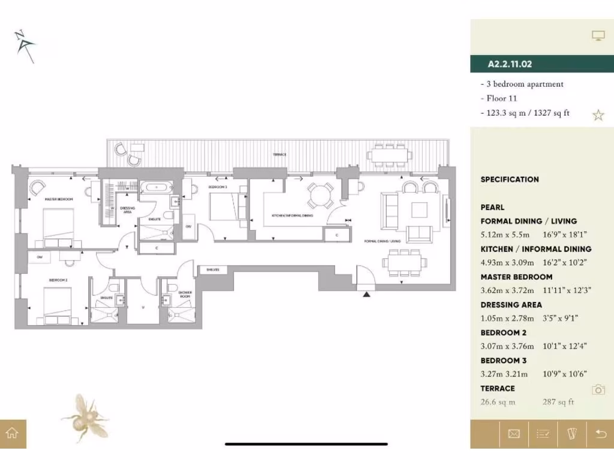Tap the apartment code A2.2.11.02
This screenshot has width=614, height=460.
(510, 63)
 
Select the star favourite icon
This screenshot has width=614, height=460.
(598, 115)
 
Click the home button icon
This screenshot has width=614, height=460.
(13, 434)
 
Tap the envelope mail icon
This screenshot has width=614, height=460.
(514, 434)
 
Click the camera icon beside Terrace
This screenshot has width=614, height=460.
(598, 390)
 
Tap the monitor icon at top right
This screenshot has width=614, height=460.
(598, 36)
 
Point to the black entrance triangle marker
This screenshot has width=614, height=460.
(366, 293)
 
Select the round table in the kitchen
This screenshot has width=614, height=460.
(319, 195)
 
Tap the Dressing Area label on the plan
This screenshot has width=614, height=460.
(127, 210)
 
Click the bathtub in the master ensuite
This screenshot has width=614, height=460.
(156, 187)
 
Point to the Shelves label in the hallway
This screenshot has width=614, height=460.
(212, 270)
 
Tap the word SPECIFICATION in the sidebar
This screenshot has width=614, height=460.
(510, 179)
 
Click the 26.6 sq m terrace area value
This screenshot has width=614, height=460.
(498, 402)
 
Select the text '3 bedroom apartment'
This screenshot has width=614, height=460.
(523, 84)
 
